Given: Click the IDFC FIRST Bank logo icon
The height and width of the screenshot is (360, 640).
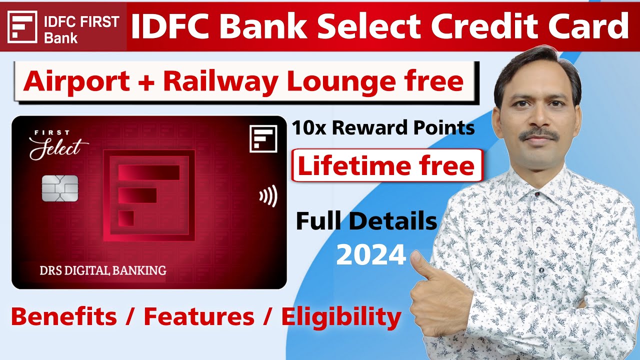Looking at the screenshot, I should tap(23, 26).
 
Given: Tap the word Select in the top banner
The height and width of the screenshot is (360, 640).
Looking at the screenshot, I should tap(367, 26).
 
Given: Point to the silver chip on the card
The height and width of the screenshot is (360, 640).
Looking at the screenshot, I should tap(59, 188).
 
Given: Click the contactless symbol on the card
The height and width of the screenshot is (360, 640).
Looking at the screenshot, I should tap(267, 196).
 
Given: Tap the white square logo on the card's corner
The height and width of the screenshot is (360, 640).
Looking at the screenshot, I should tap(263, 138).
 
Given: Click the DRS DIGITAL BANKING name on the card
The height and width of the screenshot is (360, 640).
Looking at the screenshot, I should tap(102, 270).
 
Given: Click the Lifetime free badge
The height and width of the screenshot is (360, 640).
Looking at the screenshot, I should tap(386, 165).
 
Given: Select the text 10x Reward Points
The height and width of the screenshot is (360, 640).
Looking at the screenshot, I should tap(383, 128).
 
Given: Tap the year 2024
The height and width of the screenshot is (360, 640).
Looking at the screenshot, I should tap(370, 255).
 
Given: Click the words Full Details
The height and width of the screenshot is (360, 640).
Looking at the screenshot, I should tap(366, 221).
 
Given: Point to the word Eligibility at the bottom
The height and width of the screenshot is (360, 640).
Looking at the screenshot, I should tap(341, 316).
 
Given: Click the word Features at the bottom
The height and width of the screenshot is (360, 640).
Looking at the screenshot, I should tap(198, 316).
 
